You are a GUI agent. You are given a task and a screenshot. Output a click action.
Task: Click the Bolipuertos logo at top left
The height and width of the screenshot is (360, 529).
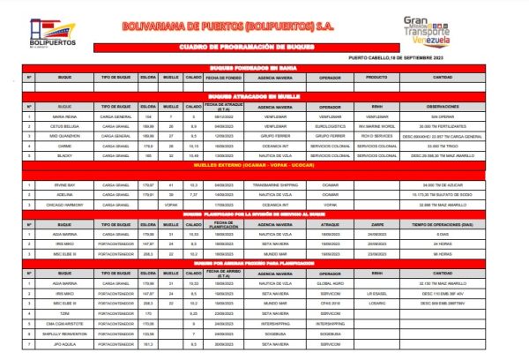[x=52, y=34]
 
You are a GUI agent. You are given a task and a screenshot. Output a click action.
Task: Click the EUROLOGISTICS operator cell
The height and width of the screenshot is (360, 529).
[x=330, y=126]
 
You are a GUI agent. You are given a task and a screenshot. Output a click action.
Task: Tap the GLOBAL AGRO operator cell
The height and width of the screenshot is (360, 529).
[x=330, y=282]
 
